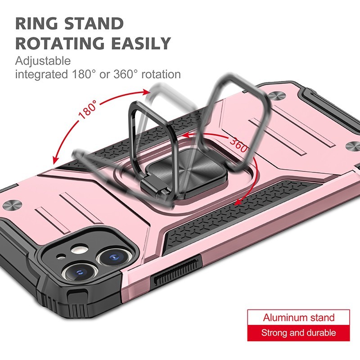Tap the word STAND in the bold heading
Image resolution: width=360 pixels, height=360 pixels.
(x=94, y=23)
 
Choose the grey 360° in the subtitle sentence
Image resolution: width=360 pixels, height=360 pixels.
(x=126, y=74)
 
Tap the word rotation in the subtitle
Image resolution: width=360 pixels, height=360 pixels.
(x=161, y=75)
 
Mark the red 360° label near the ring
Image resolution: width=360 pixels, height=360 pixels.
(x=239, y=144)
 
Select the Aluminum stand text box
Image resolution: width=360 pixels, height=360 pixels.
(x=298, y=318)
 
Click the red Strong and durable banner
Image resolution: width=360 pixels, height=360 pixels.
(x=298, y=333)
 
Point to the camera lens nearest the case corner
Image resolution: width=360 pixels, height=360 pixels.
(x=80, y=273)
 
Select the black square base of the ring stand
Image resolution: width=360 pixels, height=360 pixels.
(x=184, y=173)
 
